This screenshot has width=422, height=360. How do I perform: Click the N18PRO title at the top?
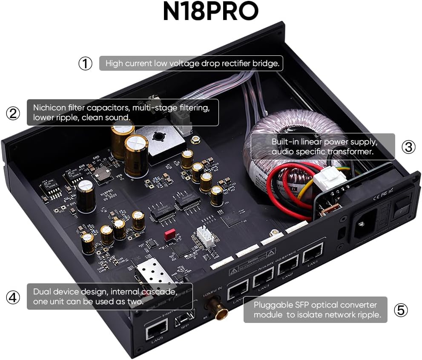point(210,12)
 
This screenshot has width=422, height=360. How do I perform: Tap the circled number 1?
point(85,63)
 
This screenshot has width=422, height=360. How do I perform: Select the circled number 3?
point(408,147)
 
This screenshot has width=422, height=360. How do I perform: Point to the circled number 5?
point(401,310)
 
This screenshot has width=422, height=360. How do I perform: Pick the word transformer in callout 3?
point(353,152)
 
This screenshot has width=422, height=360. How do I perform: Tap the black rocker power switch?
point(402,209)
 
